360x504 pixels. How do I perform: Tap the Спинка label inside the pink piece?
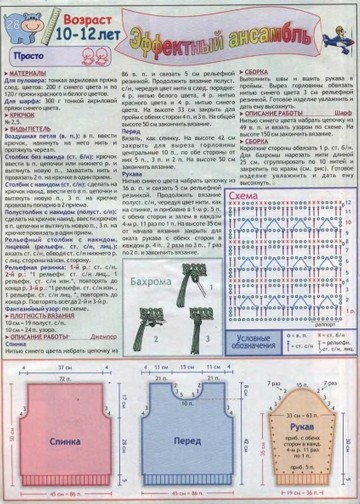tap(56, 440)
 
